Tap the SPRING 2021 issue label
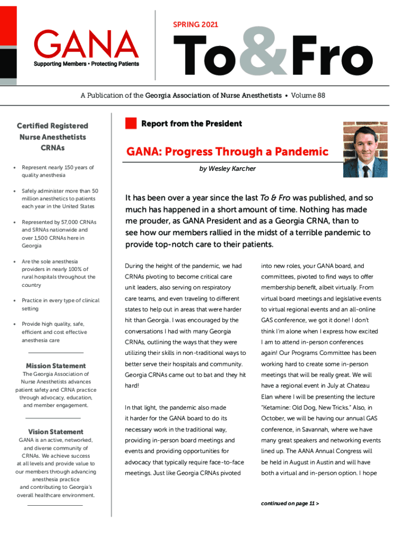pyautogui.click(x=195, y=25)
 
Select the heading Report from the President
pyautogui.click(x=191, y=124)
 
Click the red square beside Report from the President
pyautogui.click(x=131, y=124)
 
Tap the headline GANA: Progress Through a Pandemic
pyautogui.click(x=227, y=152)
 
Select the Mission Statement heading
pyautogui.click(x=56, y=366)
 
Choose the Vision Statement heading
pyautogui.click(x=56, y=432)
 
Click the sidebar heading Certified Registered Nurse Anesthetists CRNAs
pyautogui.click(x=52, y=137)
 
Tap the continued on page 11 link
pyautogui.click(x=289, y=503)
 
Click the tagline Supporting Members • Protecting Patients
pyautogui.click(x=87, y=64)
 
